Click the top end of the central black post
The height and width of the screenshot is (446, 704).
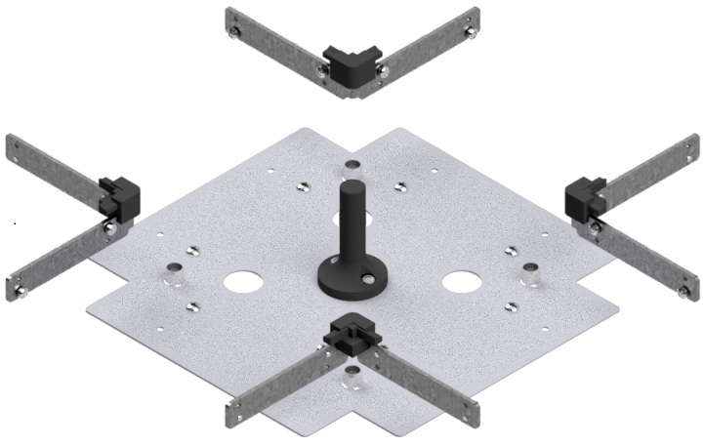coord(351,185)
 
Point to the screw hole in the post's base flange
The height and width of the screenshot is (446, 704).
coord(368,279)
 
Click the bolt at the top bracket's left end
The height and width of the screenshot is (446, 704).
coord(235,32)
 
